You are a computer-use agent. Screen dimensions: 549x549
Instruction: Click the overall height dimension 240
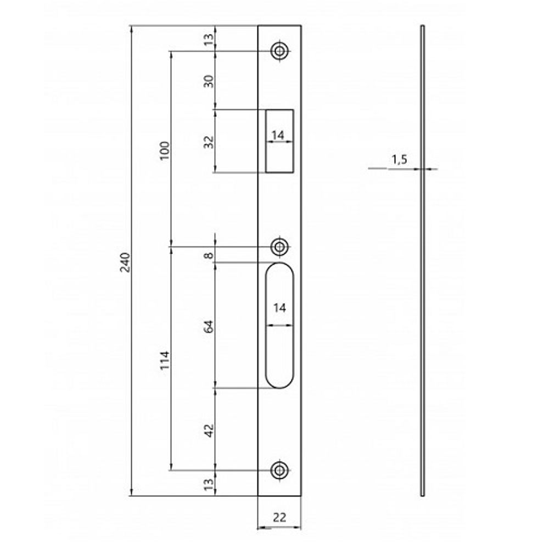[x=125, y=262]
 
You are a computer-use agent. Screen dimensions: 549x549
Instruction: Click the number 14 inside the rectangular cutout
[x=280, y=135]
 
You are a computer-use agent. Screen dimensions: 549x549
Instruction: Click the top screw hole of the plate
[x=280, y=51]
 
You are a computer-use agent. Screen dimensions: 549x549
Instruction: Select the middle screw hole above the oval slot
[x=280, y=247]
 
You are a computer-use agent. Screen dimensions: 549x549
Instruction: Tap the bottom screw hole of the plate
[x=280, y=470]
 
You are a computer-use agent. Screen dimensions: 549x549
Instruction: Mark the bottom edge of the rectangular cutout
[x=280, y=172]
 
